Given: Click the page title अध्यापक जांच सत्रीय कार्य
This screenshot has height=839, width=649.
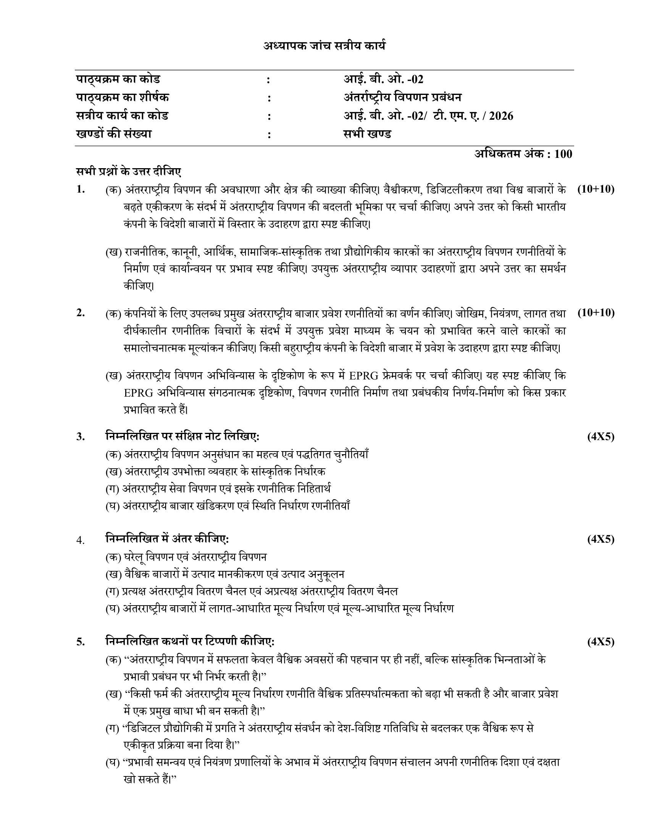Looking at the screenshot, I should (324, 46).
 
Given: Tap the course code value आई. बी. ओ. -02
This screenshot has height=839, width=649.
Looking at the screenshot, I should (383, 80).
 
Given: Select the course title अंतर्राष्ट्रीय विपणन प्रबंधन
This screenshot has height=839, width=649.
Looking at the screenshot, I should (402, 98).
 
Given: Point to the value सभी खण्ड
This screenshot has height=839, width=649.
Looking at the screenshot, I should (367, 134).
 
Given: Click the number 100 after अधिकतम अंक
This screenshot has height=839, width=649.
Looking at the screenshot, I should (563, 154).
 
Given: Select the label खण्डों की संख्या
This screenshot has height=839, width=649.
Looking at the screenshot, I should (114, 134).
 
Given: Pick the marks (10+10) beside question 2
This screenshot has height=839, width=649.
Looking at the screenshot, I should (596, 313).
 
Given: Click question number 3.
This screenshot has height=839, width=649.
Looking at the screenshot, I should (80, 437).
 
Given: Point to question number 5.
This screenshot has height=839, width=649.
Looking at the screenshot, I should (80, 642).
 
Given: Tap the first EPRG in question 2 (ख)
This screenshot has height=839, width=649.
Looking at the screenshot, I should (363, 375).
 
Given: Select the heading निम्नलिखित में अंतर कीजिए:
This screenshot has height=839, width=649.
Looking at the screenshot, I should (167, 539).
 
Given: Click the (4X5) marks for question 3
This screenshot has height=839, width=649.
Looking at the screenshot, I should (601, 436).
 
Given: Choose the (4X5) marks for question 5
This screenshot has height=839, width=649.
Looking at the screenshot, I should (601, 641).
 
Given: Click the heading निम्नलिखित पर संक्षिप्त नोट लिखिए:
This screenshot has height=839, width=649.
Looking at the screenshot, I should (182, 436).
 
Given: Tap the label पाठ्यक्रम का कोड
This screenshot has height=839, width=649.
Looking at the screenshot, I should (118, 80).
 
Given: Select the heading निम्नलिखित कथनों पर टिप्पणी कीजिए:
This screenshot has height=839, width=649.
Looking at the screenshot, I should (190, 641).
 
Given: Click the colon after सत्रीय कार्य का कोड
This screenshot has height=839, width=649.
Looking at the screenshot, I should (269, 116).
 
